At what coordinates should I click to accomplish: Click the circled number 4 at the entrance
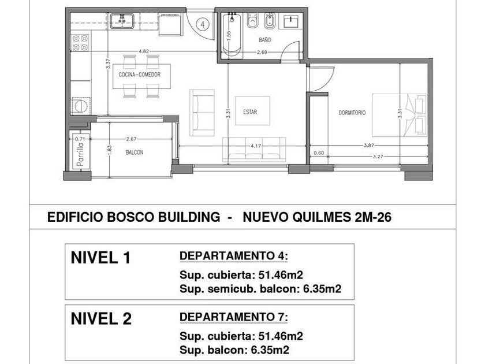point(203,24)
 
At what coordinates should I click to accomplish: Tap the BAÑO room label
point(265,40)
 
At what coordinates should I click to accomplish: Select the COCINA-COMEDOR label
point(140,75)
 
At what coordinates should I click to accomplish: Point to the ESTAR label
point(250,112)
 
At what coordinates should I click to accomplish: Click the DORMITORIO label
point(352,113)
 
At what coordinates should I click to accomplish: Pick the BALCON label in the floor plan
point(135,153)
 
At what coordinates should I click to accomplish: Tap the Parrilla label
point(80,154)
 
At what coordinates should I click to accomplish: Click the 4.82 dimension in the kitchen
point(144,51)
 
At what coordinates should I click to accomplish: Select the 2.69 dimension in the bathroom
point(262,52)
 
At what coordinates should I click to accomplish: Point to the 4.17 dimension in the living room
point(256,146)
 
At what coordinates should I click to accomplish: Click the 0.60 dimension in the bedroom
point(319,153)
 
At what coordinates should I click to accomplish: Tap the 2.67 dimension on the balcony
point(131,139)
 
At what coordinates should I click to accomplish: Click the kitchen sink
point(122,21)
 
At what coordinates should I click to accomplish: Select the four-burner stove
point(80,43)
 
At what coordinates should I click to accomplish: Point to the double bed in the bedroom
point(400,115)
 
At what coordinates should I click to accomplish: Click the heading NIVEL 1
point(101,258)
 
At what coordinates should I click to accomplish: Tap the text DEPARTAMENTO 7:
point(234,317)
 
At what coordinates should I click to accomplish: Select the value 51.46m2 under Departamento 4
point(278,275)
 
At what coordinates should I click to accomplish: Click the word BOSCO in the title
point(130,217)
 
